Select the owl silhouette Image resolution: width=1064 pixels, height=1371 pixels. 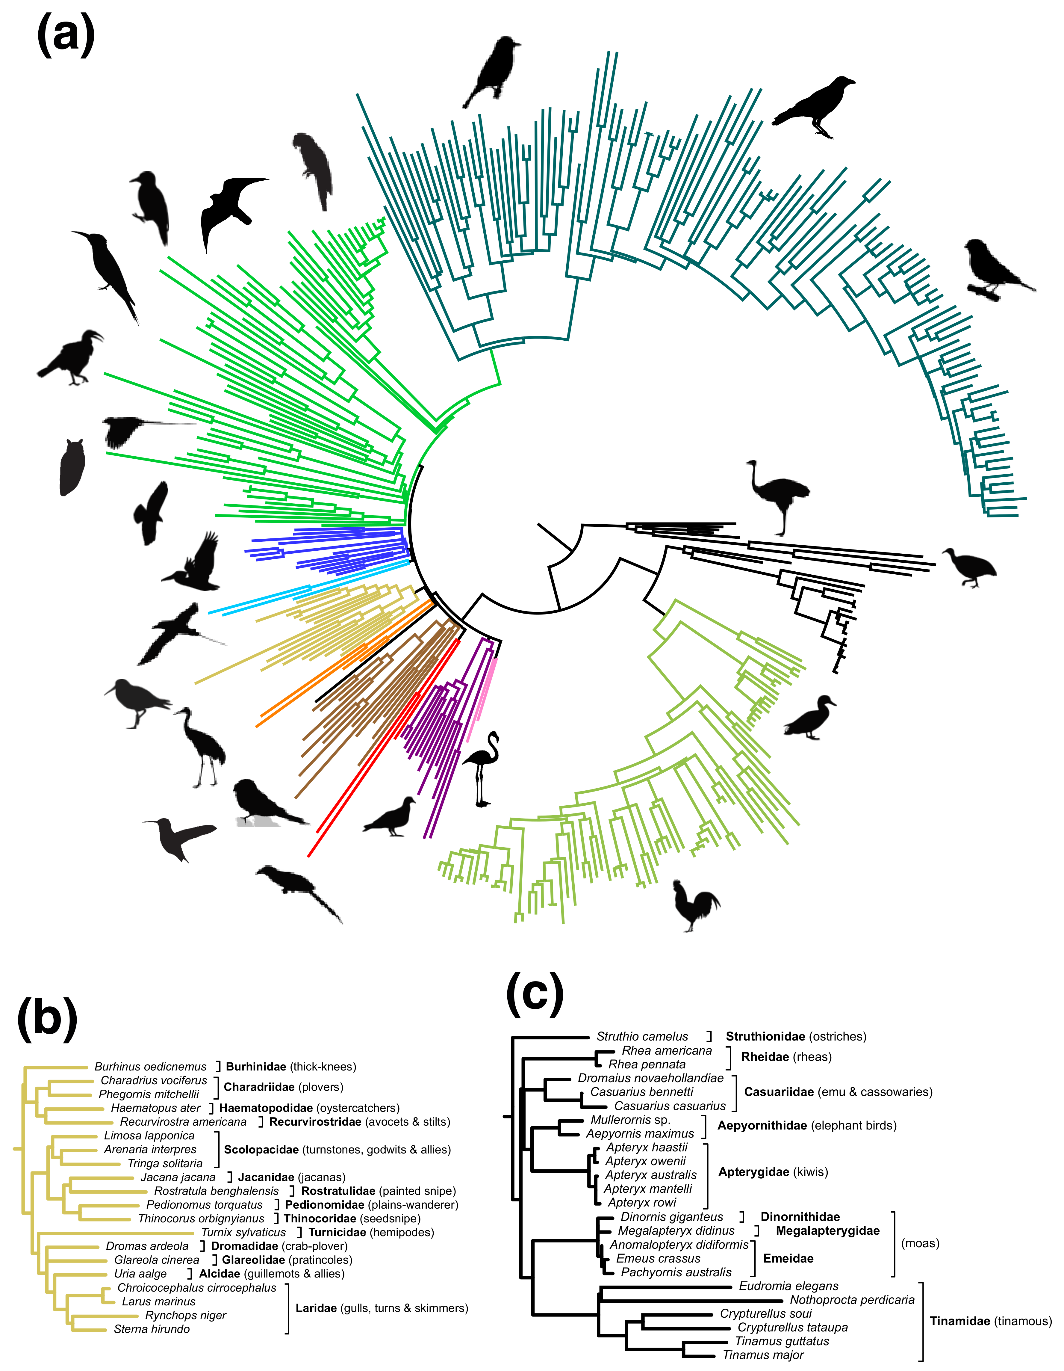pos(72,468)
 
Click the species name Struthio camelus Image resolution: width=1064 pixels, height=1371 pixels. pos(642,1036)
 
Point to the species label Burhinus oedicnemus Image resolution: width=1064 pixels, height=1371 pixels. pos(151,1067)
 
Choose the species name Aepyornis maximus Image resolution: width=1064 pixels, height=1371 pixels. pos(640,1133)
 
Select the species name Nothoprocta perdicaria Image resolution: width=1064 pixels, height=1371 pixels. pos(852,1299)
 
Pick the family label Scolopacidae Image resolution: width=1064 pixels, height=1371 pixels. pos(261,1149)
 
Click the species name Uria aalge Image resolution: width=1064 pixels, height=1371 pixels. pos(140,1274)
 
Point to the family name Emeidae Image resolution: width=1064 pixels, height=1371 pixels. pos(788,1258)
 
